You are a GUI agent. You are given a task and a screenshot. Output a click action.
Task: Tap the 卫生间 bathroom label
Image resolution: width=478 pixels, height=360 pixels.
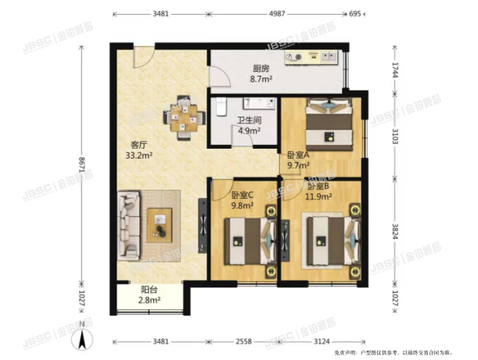[x=249, y=121]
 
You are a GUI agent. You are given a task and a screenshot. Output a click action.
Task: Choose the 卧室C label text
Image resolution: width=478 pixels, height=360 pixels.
[x=243, y=195]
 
